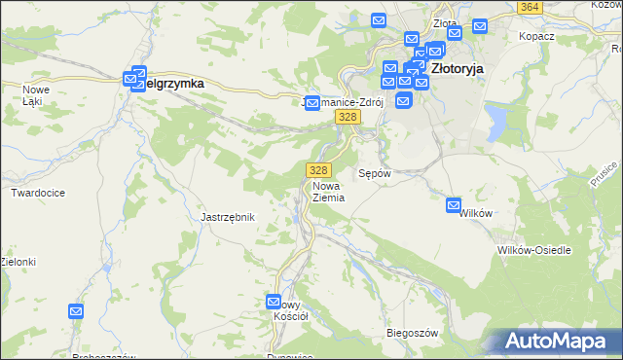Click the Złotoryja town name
point(457,69)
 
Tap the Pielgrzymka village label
point(174,84)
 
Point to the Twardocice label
point(38,193)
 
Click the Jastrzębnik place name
point(227,217)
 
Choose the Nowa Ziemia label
point(329,191)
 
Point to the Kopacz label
point(536,36)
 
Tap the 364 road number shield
point(530,7)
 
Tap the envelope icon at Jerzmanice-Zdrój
point(312,102)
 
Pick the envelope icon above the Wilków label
point(454,205)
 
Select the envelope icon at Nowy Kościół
point(274,302)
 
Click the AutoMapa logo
point(561,341)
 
